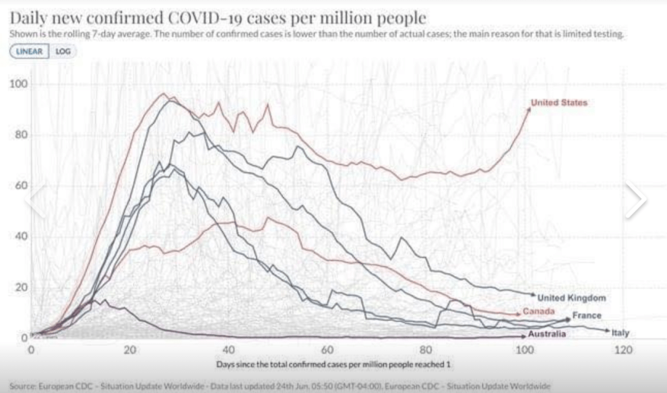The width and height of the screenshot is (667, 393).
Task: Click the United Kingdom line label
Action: [x=572, y=298]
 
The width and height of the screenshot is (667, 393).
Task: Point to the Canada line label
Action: [x=539, y=312]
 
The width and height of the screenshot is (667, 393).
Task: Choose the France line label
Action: [x=587, y=315]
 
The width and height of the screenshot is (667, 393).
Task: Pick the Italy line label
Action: [x=623, y=332]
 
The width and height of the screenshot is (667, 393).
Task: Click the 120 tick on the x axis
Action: [x=623, y=350]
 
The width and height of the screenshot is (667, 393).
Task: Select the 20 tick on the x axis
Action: [x=130, y=350]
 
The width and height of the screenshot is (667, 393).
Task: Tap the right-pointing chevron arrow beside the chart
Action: [x=637, y=199]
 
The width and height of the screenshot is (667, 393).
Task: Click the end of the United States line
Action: [x=530, y=109]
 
